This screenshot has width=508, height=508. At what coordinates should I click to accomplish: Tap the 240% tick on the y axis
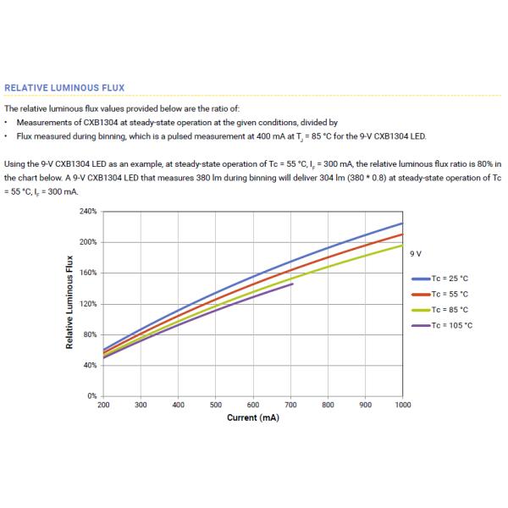tap(88, 211)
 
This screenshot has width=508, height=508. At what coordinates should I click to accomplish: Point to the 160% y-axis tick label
tap(88, 273)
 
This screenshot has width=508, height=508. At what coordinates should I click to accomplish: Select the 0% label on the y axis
tap(92, 396)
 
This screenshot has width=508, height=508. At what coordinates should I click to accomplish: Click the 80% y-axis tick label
tap(91, 334)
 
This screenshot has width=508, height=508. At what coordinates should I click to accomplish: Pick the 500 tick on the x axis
tap(216, 406)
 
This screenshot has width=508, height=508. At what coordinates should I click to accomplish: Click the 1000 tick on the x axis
tap(402, 406)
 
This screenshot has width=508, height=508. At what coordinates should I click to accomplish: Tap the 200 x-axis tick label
tap(103, 406)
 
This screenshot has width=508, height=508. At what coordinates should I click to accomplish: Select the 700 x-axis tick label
tap(290, 406)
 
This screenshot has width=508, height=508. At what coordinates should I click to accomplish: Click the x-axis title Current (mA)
tap(253, 418)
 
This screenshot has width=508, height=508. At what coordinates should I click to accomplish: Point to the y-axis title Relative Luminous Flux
tap(70, 303)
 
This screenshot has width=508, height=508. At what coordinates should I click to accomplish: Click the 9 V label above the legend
tap(416, 253)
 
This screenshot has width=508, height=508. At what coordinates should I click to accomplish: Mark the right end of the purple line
tap(293, 284)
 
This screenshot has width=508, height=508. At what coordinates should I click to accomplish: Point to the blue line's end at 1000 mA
tap(402, 223)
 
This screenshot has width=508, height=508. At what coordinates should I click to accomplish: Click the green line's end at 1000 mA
tap(402, 245)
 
